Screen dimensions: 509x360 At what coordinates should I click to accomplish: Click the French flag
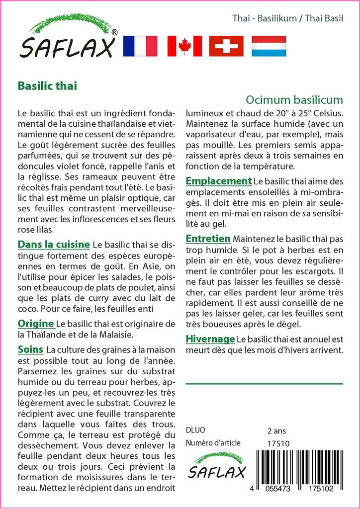coord(140,46)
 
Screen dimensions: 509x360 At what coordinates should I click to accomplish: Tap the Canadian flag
coord(184,46)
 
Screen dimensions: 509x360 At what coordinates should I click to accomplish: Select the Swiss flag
coord(226,46)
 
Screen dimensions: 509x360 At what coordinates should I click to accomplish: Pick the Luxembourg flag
coord(269,46)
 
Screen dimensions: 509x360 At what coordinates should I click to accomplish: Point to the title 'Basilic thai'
coord(47,85)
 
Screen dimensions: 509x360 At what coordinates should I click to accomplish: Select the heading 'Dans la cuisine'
coord(54,244)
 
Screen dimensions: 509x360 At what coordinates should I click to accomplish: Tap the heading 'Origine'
coord(36,324)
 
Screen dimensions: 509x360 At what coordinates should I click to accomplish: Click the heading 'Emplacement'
coord(218,181)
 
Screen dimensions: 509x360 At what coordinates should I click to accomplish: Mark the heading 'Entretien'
coord(208,239)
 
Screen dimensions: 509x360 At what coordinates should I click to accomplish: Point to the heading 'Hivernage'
coord(210,339)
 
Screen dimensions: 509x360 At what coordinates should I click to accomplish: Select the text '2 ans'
coord(276,430)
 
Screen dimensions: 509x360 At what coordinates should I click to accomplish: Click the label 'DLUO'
coord(195,430)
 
